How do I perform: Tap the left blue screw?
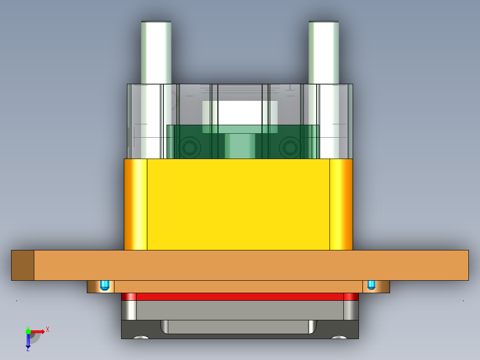point(105,285)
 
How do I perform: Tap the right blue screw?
point(371,285)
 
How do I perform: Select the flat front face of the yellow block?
point(238,204)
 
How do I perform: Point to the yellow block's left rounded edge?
point(135,204)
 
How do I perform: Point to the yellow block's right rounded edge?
point(341,204)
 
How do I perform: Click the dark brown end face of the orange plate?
point(23,265)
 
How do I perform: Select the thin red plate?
point(240,297)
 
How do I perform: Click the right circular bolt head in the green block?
point(290,147)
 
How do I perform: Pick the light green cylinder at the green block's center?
point(240,146)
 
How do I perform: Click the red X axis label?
point(48,329)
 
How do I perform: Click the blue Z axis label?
point(28,349)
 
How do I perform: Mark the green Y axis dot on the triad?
point(28,331)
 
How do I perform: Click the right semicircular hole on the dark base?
point(339,337)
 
